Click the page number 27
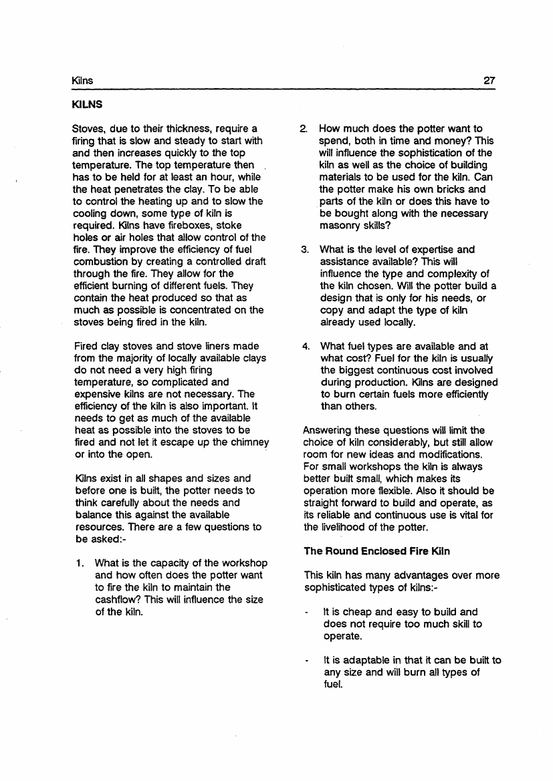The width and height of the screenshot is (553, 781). (489, 81)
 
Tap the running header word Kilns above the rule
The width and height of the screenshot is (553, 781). (82, 81)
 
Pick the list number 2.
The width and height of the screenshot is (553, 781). (304, 128)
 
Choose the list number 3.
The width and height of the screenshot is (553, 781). (304, 250)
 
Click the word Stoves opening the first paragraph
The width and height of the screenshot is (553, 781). (88, 128)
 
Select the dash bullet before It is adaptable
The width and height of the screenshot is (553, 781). (306, 661)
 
